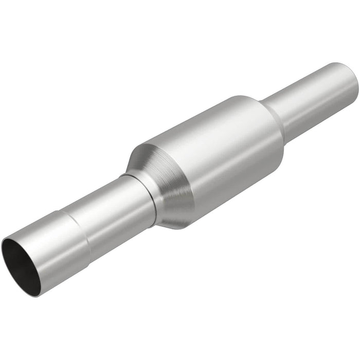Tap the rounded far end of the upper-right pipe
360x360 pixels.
[352, 82]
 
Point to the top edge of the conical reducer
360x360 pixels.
[139, 147]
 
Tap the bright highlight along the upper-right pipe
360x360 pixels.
[309, 85]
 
